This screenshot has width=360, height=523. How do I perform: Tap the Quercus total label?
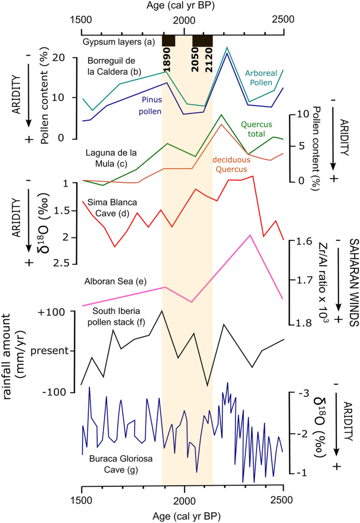[259, 130]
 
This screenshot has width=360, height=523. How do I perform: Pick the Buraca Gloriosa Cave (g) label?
[110, 464]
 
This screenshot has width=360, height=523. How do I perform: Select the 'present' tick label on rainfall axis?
[49, 350]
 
